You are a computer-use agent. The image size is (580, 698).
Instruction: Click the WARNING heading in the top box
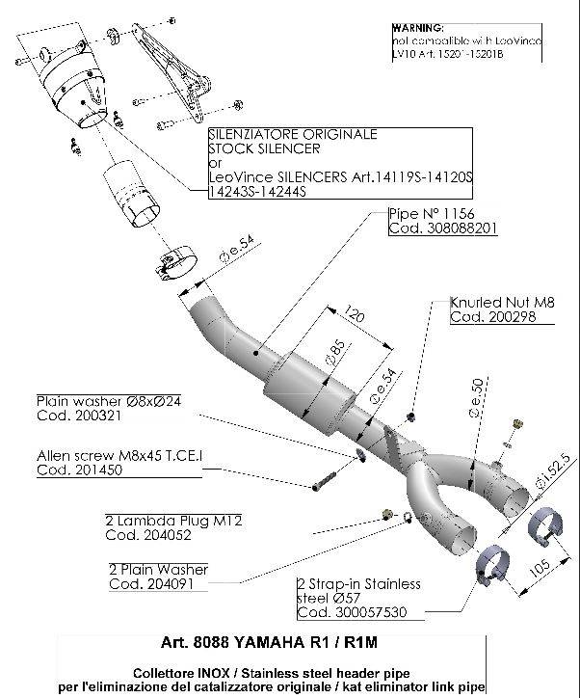click(418, 29)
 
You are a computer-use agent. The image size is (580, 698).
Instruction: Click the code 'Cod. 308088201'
click(442, 228)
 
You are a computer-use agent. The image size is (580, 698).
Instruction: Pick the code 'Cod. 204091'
click(153, 584)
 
